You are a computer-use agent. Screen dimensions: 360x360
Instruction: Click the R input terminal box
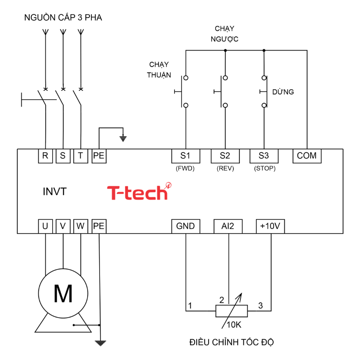(x=45, y=156)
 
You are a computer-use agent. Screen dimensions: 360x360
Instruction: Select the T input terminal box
(x=81, y=156)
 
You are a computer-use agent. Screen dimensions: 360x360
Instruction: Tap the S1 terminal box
(x=186, y=156)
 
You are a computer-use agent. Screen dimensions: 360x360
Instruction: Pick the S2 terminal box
(x=225, y=156)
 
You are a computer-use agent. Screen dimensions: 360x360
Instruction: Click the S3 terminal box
(x=264, y=156)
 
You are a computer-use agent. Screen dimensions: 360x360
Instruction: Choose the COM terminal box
(x=307, y=156)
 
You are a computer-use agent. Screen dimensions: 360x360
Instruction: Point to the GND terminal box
(x=186, y=226)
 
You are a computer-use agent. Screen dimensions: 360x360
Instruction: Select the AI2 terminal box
(x=228, y=226)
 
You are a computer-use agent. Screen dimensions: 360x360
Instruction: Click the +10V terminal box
(x=270, y=226)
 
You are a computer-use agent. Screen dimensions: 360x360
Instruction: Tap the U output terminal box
(x=45, y=226)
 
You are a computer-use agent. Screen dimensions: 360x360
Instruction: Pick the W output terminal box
(x=81, y=226)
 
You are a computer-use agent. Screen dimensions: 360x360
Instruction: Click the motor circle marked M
(x=63, y=293)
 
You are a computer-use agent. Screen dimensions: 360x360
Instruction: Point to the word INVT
(x=54, y=192)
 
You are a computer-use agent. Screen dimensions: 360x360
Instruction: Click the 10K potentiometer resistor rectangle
(x=232, y=311)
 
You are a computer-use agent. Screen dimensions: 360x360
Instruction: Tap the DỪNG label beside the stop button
(x=283, y=92)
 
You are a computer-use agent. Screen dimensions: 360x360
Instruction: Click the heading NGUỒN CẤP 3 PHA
(x=63, y=18)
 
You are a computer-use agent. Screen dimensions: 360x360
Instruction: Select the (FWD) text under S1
(x=185, y=169)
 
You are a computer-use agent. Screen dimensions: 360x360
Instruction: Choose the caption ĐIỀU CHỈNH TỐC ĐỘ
(x=232, y=342)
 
